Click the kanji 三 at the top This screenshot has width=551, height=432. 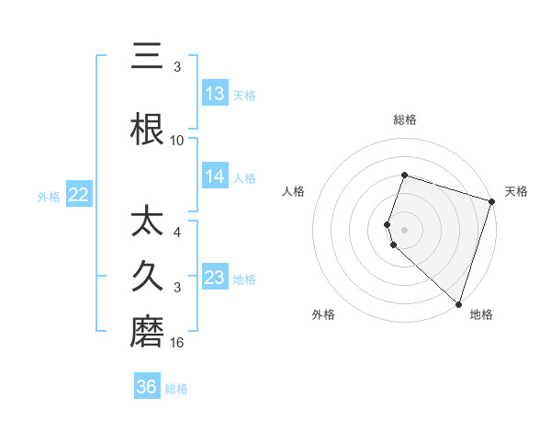click(148, 56)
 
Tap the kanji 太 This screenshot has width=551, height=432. click(148, 223)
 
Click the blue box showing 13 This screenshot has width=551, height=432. click(215, 93)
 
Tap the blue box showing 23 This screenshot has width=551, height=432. click(215, 277)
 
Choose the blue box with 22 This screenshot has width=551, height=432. click(79, 194)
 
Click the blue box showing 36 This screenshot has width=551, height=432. click(147, 387)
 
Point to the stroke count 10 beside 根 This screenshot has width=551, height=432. click(177, 140)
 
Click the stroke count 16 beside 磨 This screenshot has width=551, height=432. click(177, 342)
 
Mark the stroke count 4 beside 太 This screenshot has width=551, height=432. click(177, 233)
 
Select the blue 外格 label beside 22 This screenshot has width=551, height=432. click(49, 195)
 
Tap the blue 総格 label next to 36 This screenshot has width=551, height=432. click(177, 388)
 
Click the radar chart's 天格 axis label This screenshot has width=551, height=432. click(517, 191)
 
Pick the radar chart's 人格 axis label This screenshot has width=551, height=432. click(294, 191)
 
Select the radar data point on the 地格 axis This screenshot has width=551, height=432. click(458, 303)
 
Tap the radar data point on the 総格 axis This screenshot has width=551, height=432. click(404, 176)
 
